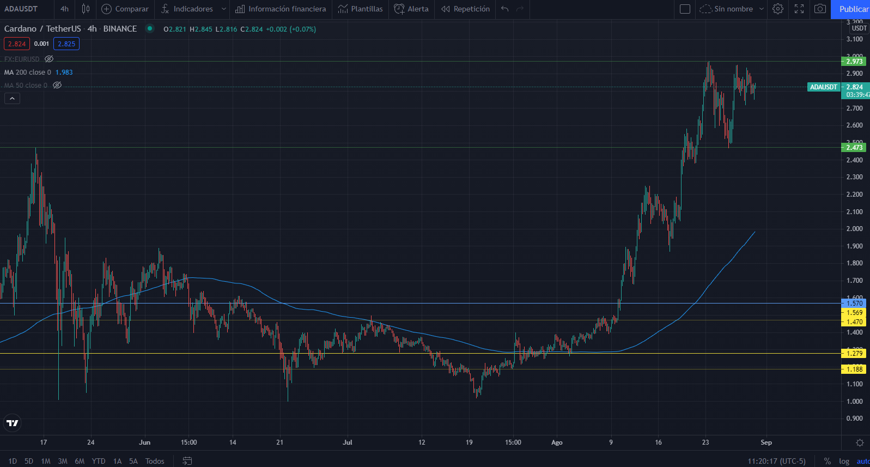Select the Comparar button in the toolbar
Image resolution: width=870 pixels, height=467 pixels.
click(x=125, y=9)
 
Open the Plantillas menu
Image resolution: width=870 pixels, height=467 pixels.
click(x=360, y=9)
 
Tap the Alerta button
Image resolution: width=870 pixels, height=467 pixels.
click(x=411, y=9)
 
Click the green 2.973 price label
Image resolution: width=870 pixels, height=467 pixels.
click(x=854, y=62)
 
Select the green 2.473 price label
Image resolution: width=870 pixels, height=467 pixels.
click(x=854, y=148)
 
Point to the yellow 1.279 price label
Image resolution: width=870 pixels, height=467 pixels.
click(x=854, y=354)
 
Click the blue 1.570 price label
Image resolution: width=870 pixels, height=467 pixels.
click(x=854, y=304)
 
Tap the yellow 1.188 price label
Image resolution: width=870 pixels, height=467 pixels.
click(x=854, y=369)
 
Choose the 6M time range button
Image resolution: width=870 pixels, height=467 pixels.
click(x=80, y=461)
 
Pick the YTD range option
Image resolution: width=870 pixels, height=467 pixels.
click(x=99, y=461)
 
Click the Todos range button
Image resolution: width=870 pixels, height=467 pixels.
click(x=155, y=461)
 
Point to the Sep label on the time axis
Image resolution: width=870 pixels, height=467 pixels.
click(x=766, y=442)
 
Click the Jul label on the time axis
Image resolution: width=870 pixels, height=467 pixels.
click(x=348, y=442)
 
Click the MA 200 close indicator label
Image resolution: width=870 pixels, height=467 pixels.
click(x=28, y=72)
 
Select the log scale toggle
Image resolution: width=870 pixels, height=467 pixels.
click(x=844, y=461)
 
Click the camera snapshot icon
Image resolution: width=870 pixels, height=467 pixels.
click(x=820, y=9)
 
